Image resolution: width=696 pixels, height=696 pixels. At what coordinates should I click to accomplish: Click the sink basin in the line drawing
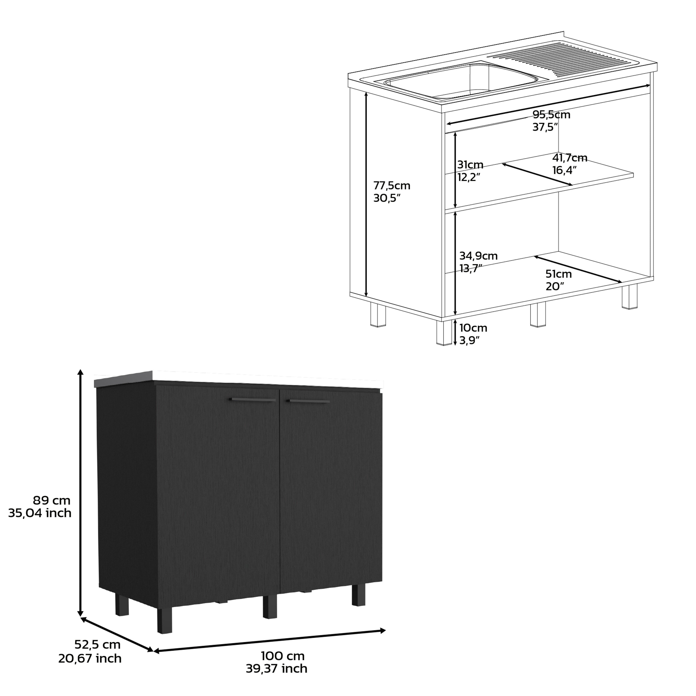click(x=461, y=82)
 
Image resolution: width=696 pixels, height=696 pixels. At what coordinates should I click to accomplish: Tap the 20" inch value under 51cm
click(x=554, y=286)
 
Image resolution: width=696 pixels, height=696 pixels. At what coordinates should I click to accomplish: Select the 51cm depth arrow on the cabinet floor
click(x=578, y=269)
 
